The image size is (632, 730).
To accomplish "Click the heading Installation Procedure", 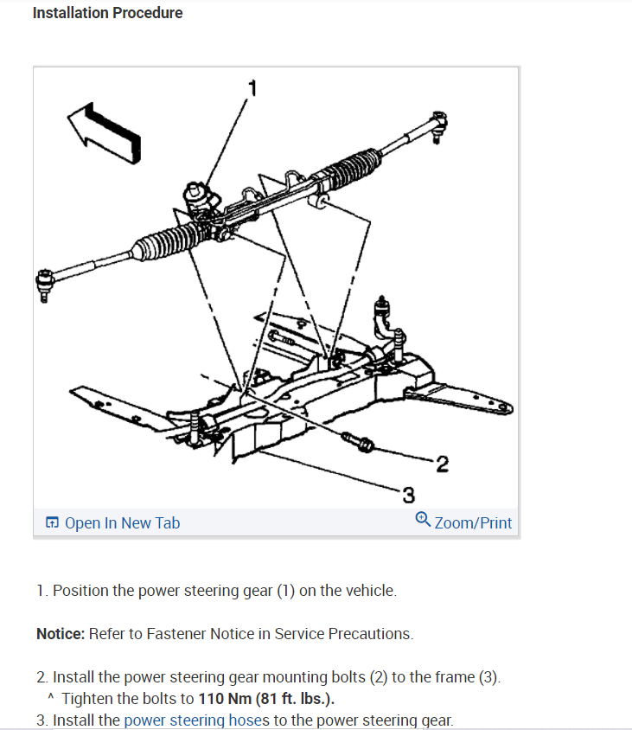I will (107, 13).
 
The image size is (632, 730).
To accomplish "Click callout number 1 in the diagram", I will (252, 87).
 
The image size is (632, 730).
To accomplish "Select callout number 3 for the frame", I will (408, 495).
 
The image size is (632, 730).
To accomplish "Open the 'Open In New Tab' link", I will (122, 522).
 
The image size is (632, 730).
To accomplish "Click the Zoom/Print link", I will (472, 522).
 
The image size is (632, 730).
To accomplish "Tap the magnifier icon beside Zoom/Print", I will (423, 520).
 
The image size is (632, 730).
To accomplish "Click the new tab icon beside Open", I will (53, 522).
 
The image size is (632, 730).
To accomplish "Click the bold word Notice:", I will (61, 634).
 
